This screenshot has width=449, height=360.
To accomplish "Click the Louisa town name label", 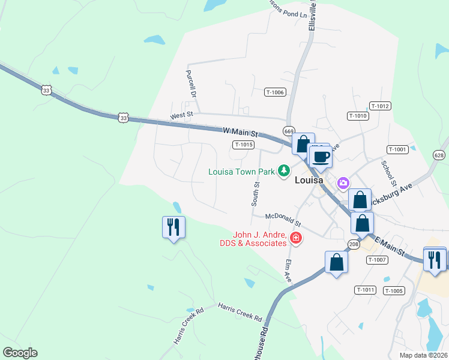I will point(309,179).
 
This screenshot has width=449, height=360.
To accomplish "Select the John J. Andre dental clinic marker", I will point(295,239).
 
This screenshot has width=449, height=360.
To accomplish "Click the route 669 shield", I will point(289,131).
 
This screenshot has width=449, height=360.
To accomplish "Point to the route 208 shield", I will point(354,244).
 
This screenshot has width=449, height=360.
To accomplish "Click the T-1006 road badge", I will point(275,92).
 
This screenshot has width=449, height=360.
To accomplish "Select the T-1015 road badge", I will point(244,145).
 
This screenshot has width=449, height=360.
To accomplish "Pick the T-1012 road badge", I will point(380,106).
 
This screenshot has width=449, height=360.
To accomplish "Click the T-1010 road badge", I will point(357,115).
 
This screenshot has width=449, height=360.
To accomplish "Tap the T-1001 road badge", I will point(397,149).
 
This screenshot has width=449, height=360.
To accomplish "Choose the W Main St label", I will point(240,131).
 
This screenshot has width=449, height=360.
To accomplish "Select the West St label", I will point(181,114).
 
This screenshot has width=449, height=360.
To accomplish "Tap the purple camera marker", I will point(343,182).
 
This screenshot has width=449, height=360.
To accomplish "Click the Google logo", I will point(20,353).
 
